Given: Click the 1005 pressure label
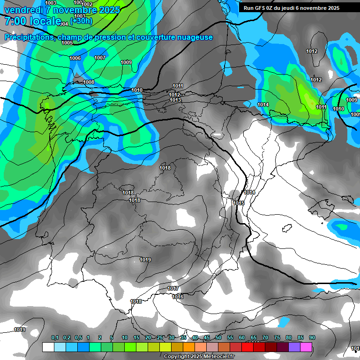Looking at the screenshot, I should (x=67, y=43).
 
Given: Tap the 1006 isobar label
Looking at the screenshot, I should (x=75, y=58).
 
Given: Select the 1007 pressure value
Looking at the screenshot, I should (x=100, y=58).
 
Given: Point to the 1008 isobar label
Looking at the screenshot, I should (x=89, y=82).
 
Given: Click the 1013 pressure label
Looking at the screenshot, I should (x=175, y=100).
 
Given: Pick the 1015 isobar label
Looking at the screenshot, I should (x=239, y=203).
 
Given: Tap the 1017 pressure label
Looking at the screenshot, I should (x=173, y=288).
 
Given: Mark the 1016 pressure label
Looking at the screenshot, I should (x=178, y=297).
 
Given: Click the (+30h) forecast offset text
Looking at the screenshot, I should (x=82, y=21).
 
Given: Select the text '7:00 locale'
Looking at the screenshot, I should (x=33, y=21).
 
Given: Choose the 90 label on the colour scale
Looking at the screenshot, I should (x=312, y=337).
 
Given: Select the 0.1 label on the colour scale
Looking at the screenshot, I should (x=54, y=337).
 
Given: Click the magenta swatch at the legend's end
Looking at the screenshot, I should (x=306, y=347).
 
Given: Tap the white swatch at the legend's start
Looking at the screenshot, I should (x=48, y=347).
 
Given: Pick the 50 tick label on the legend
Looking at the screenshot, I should (x=218, y=337).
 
